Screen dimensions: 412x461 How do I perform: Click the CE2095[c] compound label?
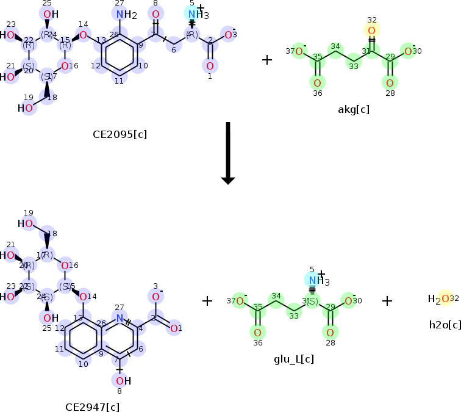tap(120, 134)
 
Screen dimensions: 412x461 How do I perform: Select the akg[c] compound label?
tap(354, 110)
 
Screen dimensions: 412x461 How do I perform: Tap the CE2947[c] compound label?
tap(93, 406)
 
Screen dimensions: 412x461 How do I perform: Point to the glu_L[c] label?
tap(295, 359)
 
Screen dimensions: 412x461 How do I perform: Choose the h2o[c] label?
tap(445, 323)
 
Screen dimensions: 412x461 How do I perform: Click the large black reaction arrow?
tap(227, 153)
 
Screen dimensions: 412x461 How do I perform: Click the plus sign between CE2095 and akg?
tap(266, 60)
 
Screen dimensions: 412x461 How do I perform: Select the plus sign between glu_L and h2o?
tap(387, 300)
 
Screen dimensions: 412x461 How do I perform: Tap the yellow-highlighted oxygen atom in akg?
tap(371, 31)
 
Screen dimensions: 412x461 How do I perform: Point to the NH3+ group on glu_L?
tap(315, 280)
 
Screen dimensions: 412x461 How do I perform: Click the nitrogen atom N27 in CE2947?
tap(120, 318)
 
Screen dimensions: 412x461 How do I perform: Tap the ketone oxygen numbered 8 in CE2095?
tap(155, 15)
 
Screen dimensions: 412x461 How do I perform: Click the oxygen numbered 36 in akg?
tap(317, 82)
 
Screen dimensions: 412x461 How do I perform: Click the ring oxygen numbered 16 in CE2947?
tap(65, 265)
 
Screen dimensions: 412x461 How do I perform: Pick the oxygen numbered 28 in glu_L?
tap(330, 332)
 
